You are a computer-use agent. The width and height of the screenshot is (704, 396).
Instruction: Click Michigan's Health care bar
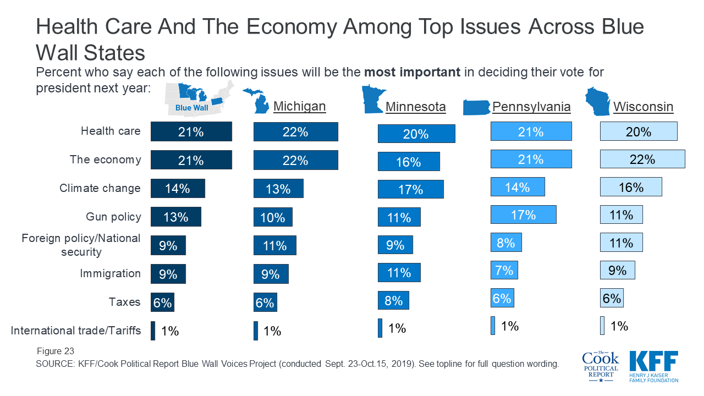click(295, 132)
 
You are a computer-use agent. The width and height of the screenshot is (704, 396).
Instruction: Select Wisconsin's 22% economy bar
click(642, 159)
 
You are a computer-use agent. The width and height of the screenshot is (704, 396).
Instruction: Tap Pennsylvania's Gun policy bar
click(523, 215)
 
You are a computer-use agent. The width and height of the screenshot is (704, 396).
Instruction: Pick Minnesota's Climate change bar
click(410, 189)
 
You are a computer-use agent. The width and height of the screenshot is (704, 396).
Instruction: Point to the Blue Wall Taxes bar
click(162, 302)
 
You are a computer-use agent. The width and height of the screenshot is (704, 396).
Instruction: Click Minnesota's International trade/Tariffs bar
click(380, 328)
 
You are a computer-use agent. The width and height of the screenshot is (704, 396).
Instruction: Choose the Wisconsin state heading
click(643, 106)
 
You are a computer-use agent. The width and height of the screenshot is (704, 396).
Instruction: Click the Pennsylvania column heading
click(531, 106)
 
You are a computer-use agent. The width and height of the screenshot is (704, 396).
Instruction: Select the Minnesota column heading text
click(415, 106)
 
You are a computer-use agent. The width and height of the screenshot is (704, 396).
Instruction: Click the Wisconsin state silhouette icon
click(597, 101)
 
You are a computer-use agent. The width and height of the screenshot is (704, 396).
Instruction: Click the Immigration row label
click(110, 273)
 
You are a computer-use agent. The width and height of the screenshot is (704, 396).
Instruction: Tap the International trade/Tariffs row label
click(76, 331)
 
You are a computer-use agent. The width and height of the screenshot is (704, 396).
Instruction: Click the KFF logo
click(653, 366)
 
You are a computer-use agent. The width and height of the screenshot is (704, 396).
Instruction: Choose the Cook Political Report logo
click(600, 366)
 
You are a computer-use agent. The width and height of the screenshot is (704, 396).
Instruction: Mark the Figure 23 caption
click(56, 351)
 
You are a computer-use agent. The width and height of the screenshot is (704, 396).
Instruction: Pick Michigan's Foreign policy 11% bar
click(274, 245)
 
